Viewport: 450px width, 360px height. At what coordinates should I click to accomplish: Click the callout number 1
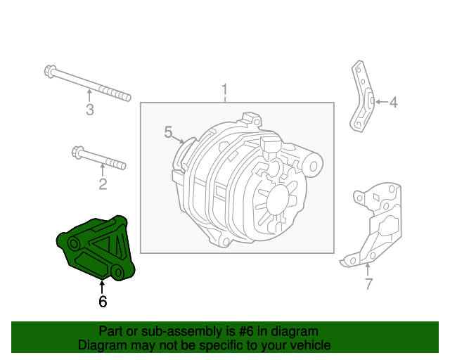(225, 90)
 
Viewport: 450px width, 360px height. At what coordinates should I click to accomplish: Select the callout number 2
(103, 184)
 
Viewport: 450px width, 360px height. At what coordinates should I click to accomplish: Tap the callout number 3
(89, 109)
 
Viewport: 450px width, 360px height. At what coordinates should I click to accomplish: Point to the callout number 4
(393, 103)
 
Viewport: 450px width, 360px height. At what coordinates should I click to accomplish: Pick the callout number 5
(168, 131)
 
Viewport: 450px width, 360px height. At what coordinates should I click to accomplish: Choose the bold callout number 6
(103, 302)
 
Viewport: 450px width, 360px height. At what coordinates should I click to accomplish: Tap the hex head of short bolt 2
(78, 152)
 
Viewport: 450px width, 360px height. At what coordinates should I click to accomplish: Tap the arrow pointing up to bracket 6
(103, 286)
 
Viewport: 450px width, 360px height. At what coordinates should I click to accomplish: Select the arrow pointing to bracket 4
(379, 103)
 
